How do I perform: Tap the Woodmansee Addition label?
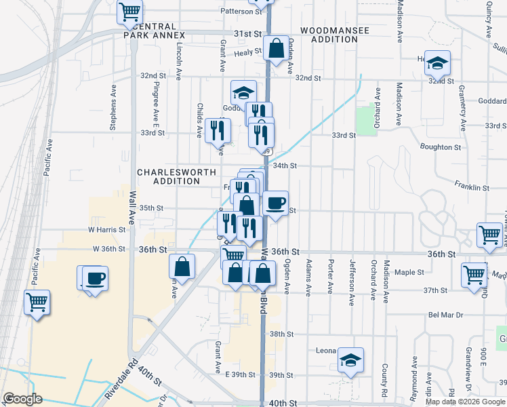tap(329, 35)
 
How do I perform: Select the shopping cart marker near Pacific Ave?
tap(37, 302)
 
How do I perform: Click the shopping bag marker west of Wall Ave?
tap(182, 266)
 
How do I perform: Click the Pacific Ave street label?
tap(48, 159)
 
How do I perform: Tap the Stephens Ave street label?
tap(114, 107)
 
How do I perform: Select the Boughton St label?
tap(440, 147)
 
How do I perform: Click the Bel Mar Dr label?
tap(445, 315)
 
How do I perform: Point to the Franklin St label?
tap(472, 187)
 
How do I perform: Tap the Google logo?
tap(22, 399)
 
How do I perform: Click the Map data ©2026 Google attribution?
tap(465, 402)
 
